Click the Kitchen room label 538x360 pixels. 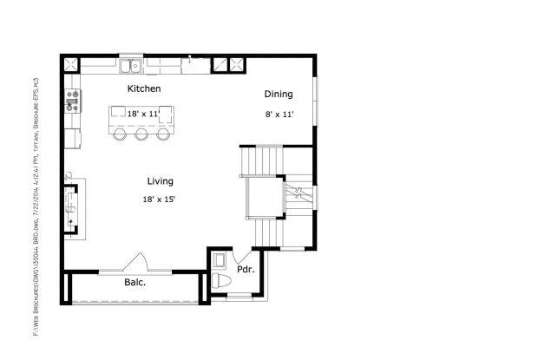[144, 89]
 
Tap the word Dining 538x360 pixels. [279, 95]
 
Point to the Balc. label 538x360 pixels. [134, 282]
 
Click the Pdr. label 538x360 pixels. [245, 270]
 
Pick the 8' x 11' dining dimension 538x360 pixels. [279, 115]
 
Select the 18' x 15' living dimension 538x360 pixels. [159, 200]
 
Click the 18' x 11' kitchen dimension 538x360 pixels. [144, 115]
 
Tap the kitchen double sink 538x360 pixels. [132, 65]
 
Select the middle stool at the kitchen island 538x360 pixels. [141, 136]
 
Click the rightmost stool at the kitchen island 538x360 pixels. [163, 136]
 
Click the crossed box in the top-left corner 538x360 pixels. [70, 63]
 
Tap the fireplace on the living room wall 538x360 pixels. [73, 209]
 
